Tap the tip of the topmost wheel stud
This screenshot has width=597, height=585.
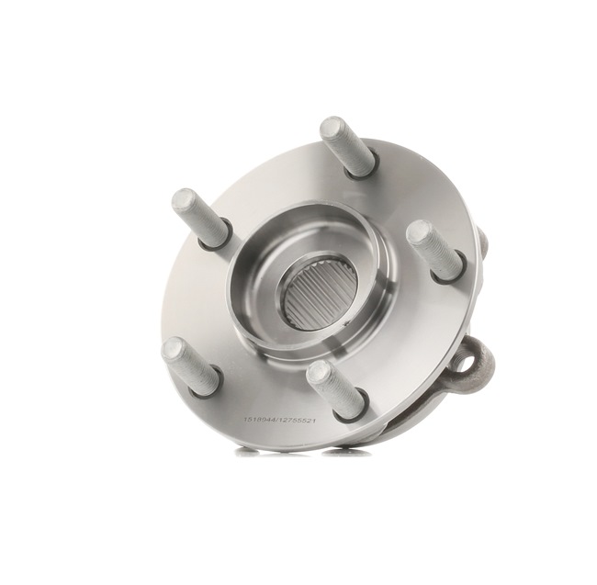pyautogui.click(x=330, y=128)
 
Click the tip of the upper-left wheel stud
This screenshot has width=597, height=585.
pyautogui.click(x=182, y=200)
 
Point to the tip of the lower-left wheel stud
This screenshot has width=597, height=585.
pyautogui.click(x=174, y=349)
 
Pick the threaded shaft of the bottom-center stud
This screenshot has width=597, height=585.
pyautogui.click(x=334, y=389)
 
